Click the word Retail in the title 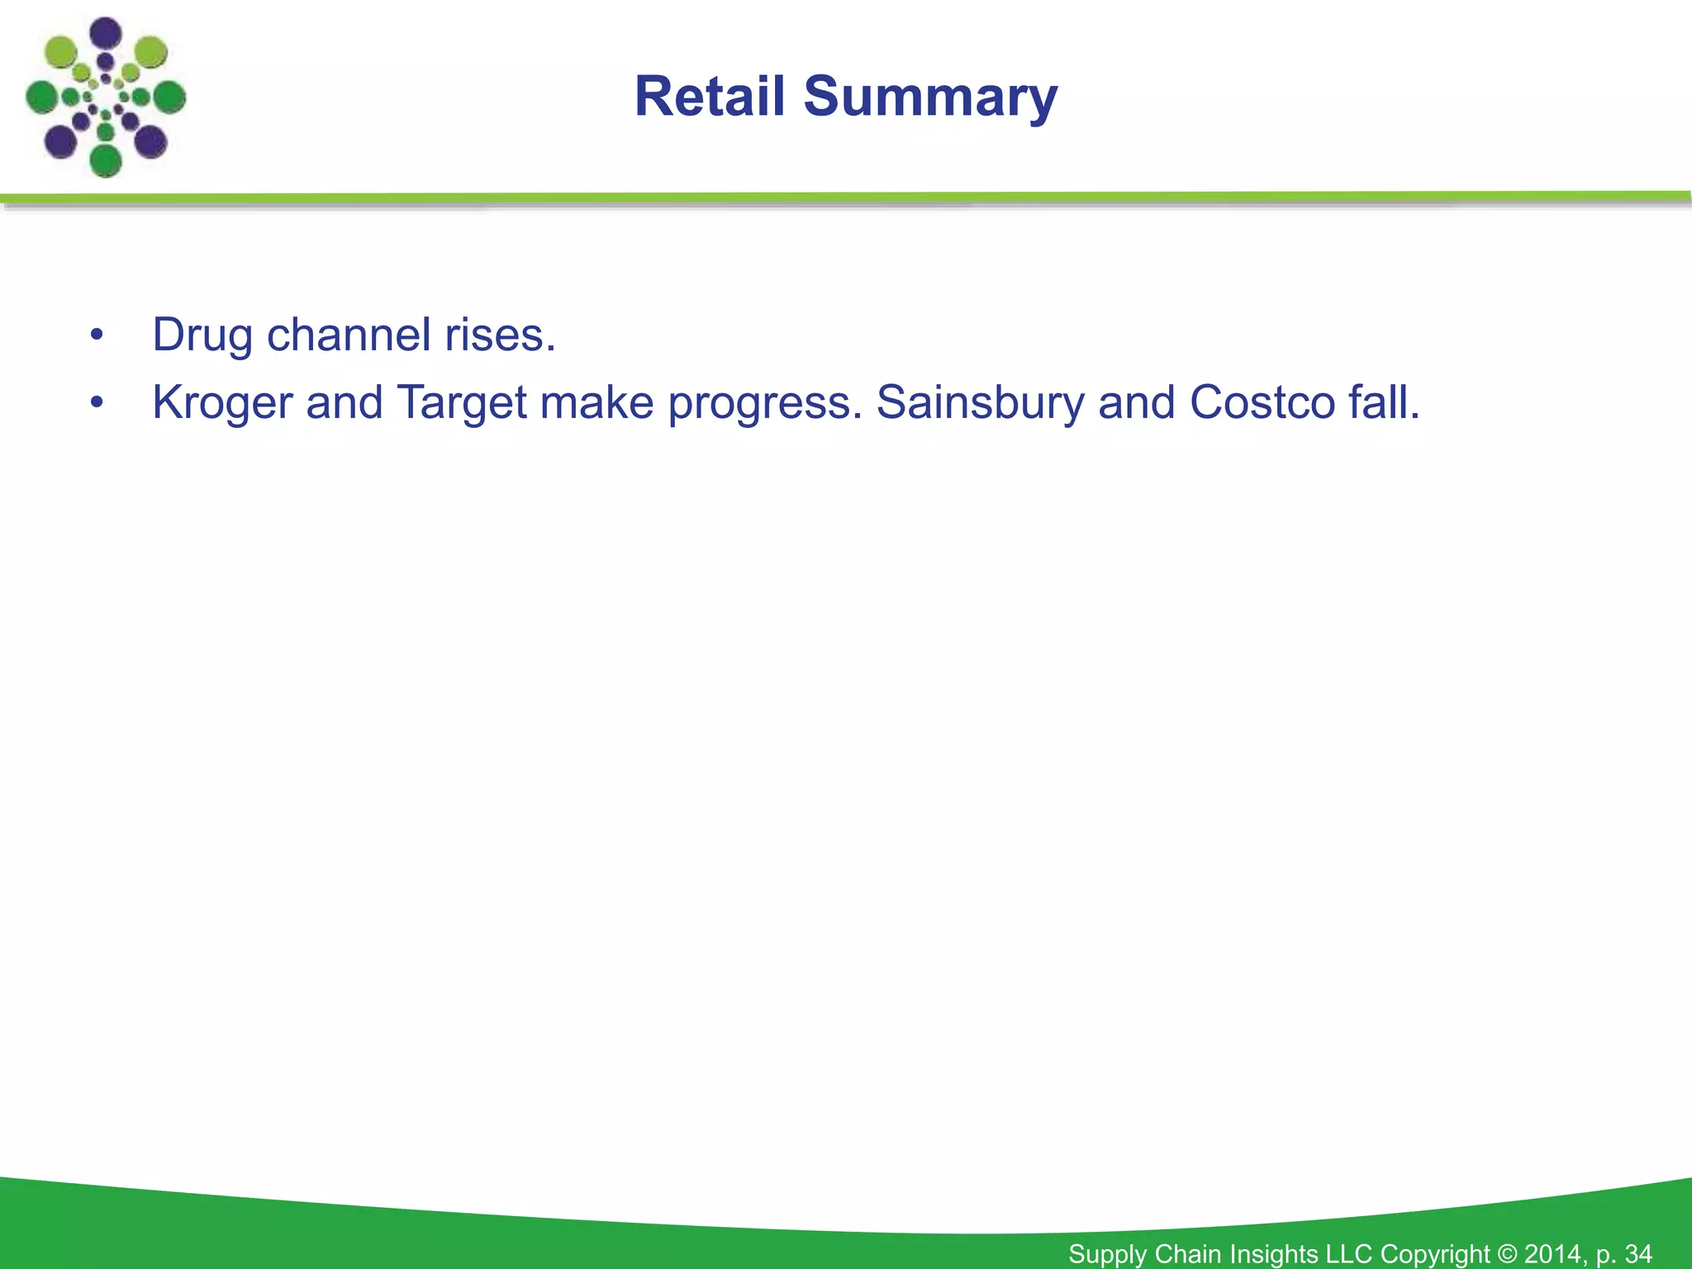pos(710,97)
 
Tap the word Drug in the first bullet pos(202,336)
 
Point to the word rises pos(500,336)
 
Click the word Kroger pos(223,404)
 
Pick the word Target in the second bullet pos(462,404)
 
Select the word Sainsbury pos(980,404)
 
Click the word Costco pos(1262,402)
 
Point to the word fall pos(1384,402)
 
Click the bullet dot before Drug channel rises pos(97,335)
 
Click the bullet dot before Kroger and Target pos(97,403)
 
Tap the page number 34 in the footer pos(1638,1253)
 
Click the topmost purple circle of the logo pos(106,34)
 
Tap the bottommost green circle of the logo pos(106,160)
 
